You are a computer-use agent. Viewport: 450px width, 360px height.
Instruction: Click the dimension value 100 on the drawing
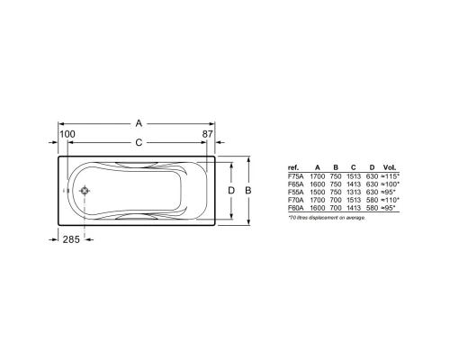(x=67, y=134)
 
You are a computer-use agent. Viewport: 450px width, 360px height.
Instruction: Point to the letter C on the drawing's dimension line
(x=138, y=143)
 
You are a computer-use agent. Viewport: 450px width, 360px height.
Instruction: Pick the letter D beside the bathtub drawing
(x=231, y=191)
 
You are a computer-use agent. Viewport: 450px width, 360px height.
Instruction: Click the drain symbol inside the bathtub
(x=84, y=191)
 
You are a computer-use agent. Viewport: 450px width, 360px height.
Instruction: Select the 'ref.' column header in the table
(x=293, y=168)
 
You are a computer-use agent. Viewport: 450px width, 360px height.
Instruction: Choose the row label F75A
(x=294, y=176)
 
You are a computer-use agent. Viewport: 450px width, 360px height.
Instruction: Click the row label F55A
(x=294, y=192)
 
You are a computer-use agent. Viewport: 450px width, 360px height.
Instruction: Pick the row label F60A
(x=294, y=207)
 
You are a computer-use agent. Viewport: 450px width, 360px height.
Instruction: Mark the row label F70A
(x=294, y=199)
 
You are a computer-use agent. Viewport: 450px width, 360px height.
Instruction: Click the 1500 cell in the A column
(x=317, y=192)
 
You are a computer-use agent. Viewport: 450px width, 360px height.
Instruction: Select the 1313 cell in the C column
(x=354, y=192)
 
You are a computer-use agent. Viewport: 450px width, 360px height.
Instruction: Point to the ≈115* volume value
(x=390, y=176)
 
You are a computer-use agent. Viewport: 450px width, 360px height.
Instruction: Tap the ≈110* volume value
(x=390, y=199)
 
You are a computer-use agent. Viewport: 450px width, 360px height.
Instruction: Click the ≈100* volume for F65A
(x=390, y=184)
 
